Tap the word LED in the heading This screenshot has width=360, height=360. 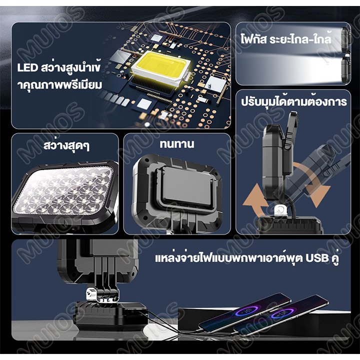[x=27, y=68]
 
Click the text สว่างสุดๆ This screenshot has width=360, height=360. [x=67, y=145]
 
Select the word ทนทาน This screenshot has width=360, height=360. [x=177, y=144]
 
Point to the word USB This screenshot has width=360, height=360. [x=317, y=258]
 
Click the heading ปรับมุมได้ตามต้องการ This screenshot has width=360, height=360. [x=294, y=102]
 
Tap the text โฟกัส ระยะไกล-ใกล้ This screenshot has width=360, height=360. [x=286, y=38]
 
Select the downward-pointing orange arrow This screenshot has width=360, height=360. [x=314, y=183]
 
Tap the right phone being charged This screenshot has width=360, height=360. [x=281, y=316]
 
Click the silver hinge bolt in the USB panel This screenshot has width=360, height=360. [x=91, y=294]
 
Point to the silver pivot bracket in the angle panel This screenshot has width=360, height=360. [x=280, y=210]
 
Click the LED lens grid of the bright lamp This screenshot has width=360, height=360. [x=62, y=190]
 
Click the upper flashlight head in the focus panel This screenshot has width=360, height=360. [x=345, y=39]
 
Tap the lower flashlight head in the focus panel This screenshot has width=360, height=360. [x=345, y=69]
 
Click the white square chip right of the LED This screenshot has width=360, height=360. [x=216, y=84]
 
